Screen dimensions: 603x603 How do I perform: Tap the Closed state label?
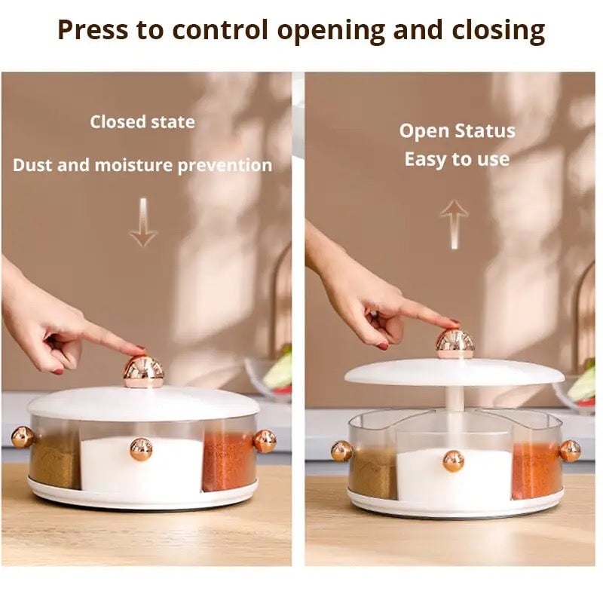pyautogui.click(x=142, y=121)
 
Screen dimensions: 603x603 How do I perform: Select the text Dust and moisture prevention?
pyautogui.click(x=142, y=165)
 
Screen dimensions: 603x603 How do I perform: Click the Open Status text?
pyautogui.click(x=457, y=130)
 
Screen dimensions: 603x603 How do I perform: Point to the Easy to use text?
pyautogui.click(x=457, y=159)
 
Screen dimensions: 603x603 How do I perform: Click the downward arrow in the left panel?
pyautogui.click(x=142, y=224)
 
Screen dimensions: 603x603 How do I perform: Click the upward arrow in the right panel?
pyautogui.click(x=454, y=224)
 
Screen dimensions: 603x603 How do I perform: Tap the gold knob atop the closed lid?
pyautogui.click(x=143, y=371)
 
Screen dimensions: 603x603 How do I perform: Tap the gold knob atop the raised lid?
pyautogui.click(x=455, y=344)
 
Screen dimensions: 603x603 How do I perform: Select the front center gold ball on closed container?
pyautogui.click(x=141, y=448)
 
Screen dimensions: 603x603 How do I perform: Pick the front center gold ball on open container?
pyautogui.click(x=453, y=461)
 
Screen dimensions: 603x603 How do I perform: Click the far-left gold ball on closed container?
pyautogui.click(x=22, y=437)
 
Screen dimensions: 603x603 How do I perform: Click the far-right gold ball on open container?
pyautogui.click(x=570, y=451)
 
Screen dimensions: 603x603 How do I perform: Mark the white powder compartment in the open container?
pyautogui.click(x=430, y=475)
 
